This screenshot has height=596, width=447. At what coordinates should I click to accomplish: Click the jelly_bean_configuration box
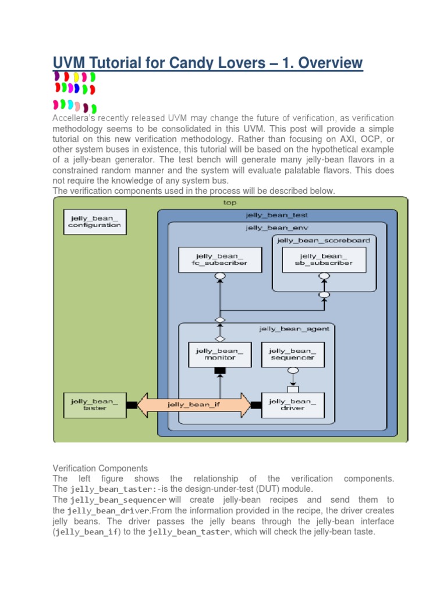pos(94,222)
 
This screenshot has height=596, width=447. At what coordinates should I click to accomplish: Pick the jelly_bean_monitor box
pos(219,354)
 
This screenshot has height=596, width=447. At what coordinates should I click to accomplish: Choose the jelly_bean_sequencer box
pos(293,354)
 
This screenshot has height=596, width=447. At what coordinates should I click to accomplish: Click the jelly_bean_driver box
pos(293,405)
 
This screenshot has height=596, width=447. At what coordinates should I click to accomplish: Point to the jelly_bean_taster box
pos(94,405)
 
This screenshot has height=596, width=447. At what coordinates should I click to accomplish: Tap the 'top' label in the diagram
pos(230,203)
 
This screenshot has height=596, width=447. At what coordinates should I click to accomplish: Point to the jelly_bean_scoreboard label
pos(323,240)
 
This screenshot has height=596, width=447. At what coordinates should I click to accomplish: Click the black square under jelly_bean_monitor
pos(219,371)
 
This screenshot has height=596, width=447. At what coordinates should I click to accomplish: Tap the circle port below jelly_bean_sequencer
pos(293,370)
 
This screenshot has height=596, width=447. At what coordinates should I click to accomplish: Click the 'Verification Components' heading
pos(100,468)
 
